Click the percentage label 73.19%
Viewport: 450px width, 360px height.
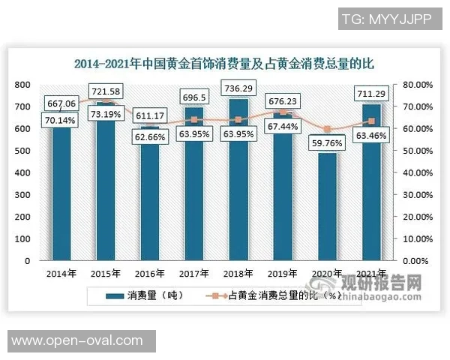click(x=104, y=114)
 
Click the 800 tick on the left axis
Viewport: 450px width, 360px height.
click(x=22, y=85)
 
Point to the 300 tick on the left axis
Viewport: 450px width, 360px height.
click(x=22, y=195)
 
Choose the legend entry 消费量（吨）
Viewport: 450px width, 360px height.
click(x=150, y=296)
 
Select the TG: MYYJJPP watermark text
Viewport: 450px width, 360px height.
click(x=386, y=18)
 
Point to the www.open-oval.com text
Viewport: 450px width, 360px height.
click(x=77, y=340)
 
